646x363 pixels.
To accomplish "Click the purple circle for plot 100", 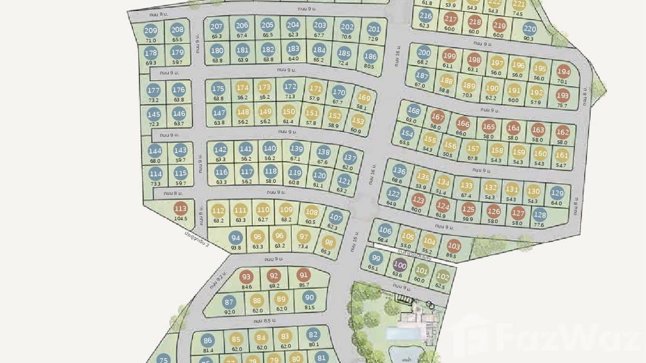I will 400,264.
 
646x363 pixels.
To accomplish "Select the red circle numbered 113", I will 181,209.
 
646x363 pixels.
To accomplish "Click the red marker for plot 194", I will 563,72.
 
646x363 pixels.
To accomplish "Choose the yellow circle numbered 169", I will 364,98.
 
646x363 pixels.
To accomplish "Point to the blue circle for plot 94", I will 235,238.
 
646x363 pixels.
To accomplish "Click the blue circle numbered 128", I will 540,215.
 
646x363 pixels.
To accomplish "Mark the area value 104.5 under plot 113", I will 181,219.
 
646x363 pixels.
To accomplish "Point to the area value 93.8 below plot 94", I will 235,247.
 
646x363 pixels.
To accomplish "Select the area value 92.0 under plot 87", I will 229,311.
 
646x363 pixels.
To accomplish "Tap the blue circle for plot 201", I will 374,29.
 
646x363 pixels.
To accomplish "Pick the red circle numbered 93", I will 247,277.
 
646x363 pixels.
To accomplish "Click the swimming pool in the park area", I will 402,334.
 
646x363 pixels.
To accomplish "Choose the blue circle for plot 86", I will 208,340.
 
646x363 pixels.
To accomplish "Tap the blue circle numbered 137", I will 350,158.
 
